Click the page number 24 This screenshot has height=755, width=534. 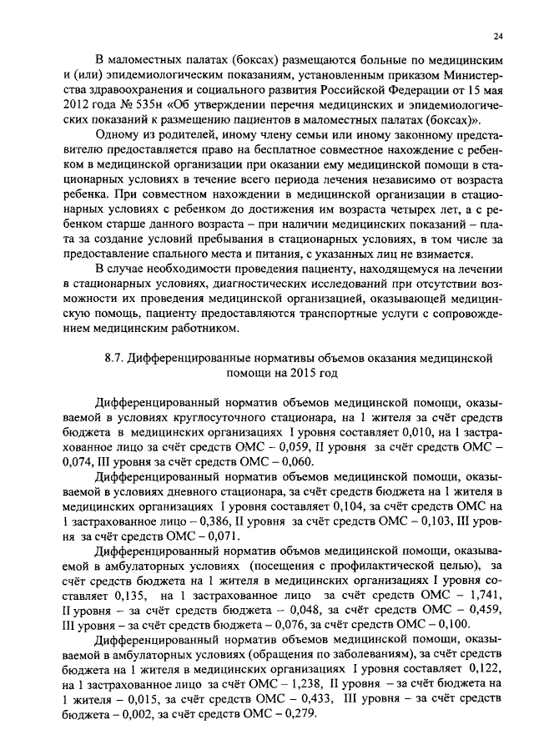[x=497, y=37]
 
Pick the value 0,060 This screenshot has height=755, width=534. [x=285, y=466]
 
